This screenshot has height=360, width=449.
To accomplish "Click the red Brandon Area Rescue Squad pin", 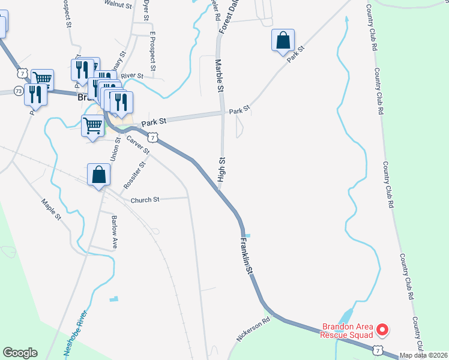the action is click(382, 329).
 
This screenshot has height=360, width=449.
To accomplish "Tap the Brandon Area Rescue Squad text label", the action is click(348, 331).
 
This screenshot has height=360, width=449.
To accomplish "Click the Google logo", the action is click(20, 353).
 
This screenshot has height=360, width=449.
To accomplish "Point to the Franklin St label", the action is click(246, 257).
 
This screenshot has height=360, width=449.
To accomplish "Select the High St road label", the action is click(221, 170).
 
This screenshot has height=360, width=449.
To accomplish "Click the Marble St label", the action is click(219, 76).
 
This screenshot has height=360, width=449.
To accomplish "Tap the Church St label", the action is click(145, 200).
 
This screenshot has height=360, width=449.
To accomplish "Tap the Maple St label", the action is click(51, 209).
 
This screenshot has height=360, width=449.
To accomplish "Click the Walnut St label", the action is click(118, 4).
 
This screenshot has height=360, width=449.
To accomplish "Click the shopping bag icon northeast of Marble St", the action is click(283, 40).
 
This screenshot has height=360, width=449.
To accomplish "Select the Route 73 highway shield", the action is click(18, 91).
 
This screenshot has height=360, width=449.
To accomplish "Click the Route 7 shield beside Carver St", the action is click(154, 138).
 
